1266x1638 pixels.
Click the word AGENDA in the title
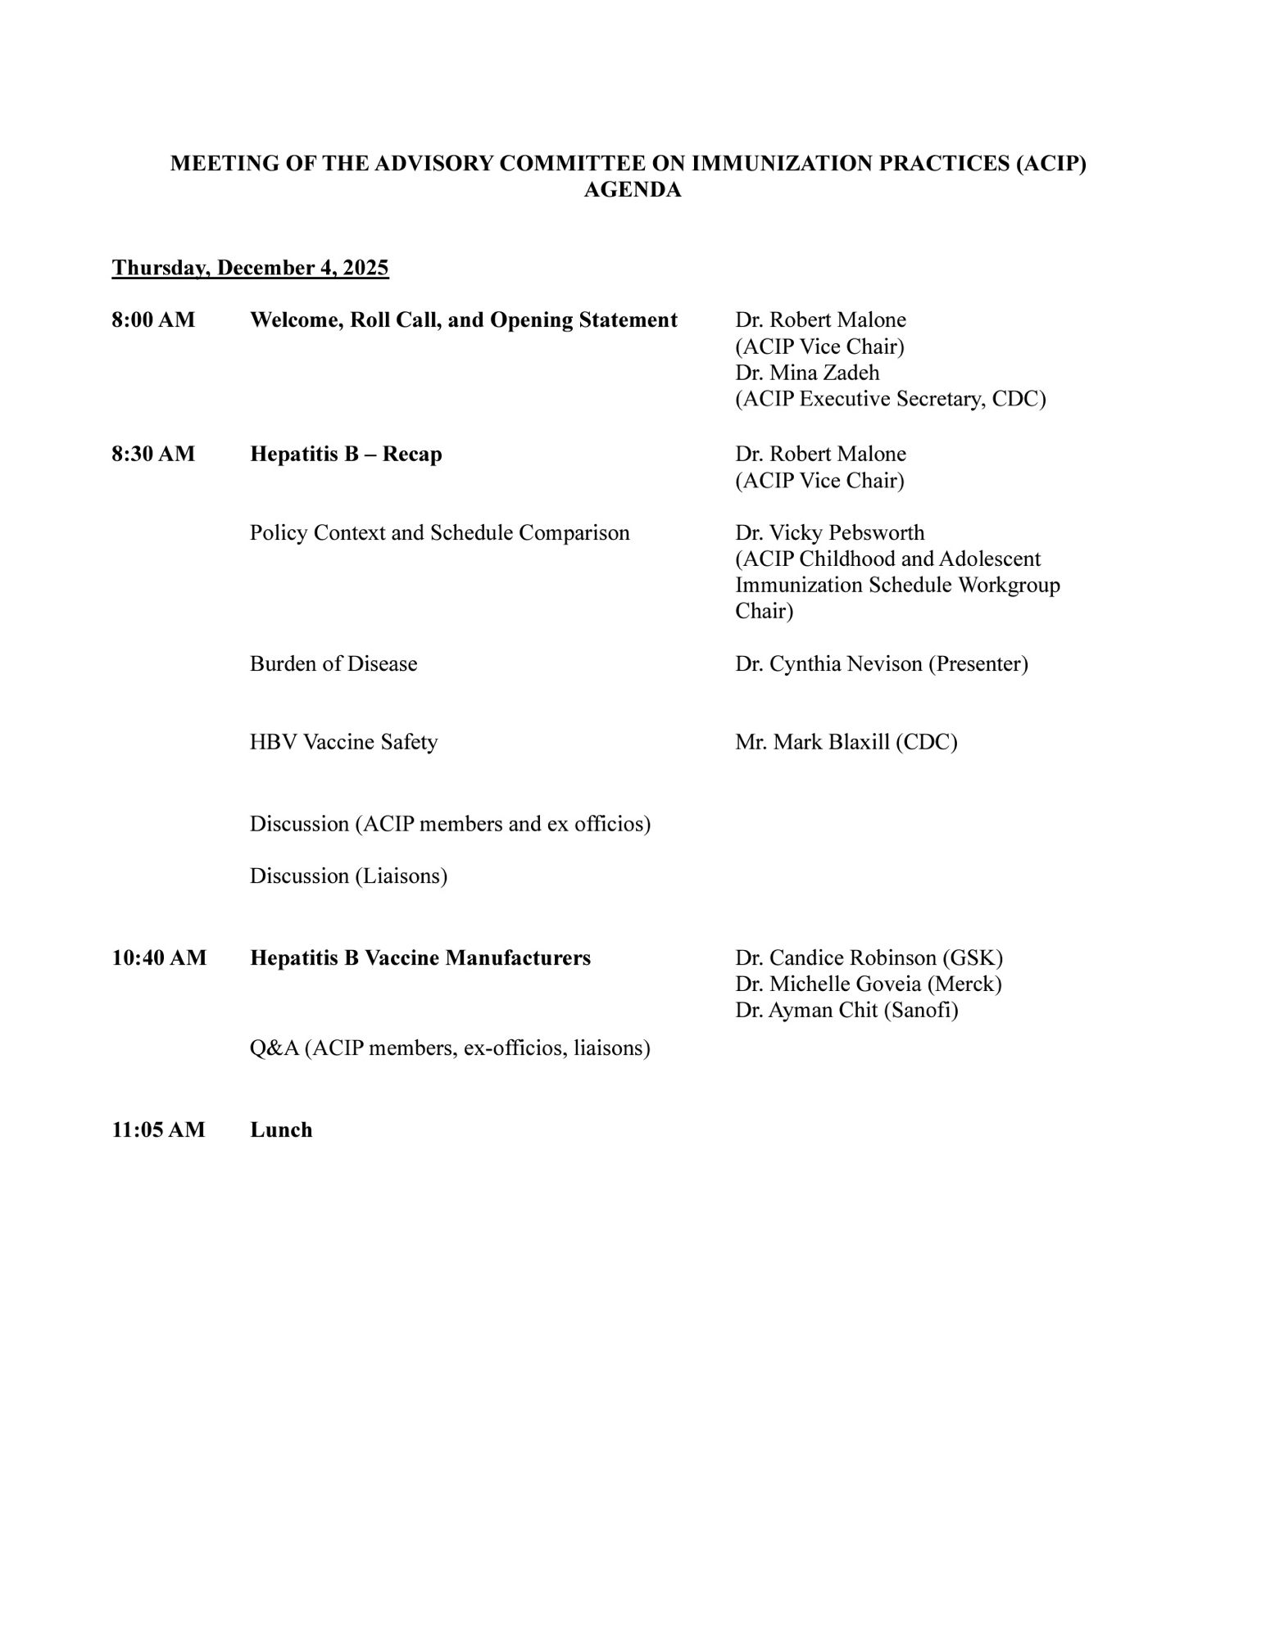pyautogui.click(x=632, y=190)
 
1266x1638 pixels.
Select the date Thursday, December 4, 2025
pyautogui.click(x=250, y=268)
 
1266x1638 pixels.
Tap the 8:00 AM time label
pyautogui.click(x=153, y=320)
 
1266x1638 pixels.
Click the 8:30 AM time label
pyautogui.click(x=153, y=455)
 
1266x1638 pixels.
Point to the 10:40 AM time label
pyautogui.click(x=159, y=957)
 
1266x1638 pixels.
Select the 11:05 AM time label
pyautogui.click(x=158, y=1130)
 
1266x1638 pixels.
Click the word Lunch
pyautogui.click(x=281, y=1130)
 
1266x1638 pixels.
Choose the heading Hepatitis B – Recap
pyautogui.click(x=346, y=455)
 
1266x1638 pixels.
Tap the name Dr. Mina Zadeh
pyautogui.click(x=807, y=373)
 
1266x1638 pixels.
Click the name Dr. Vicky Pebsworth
pyautogui.click(x=829, y=533)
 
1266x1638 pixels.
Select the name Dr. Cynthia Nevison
pyautogui.click(x=828, y=664)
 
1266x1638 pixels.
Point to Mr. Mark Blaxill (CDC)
pyautogui.click(x=846, y=742)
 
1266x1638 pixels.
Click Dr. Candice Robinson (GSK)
pyautogui.click(x=869, y=957)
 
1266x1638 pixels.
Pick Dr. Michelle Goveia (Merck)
pyautogui.click(x=868, y=984)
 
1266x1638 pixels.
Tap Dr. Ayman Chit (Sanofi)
pyautogui.click(x=846, y=1010)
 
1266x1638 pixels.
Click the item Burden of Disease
pyautogui.click(x=334, y=664)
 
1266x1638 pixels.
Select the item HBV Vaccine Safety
pyautogui.click(x=343, y=742)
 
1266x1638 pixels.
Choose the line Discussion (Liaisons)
pyautogui.click(x=348, y=876)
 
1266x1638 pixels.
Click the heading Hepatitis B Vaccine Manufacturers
pyautogui.click(x=420, y=957)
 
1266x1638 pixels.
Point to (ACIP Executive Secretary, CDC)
pyautogui.click(x=890, y=399)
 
